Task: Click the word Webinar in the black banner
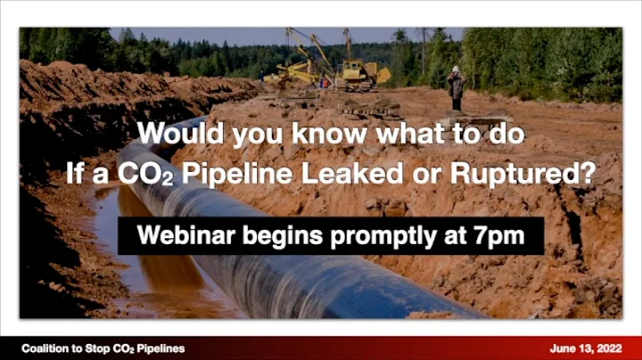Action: click(x=177, y=237)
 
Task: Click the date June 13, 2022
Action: click(x=586, y=348)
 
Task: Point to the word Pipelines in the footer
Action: click(x=160, y=348)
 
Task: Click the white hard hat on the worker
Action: click(x=456, y=69)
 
